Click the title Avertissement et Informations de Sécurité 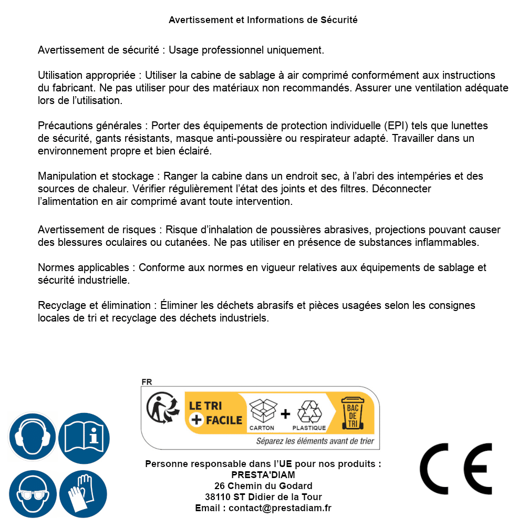coord(263,20)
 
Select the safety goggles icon coord(32,494)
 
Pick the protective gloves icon coord(83,494)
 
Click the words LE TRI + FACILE coord(216,413)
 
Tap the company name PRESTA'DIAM coord(263,475)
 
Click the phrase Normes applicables coord(83,268)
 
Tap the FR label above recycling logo coord(147,382)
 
